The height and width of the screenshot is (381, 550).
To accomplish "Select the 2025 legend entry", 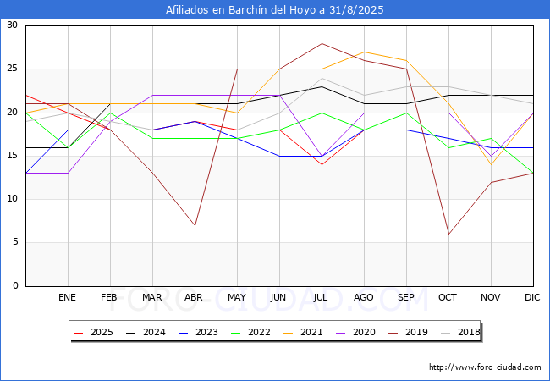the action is coord(93,332).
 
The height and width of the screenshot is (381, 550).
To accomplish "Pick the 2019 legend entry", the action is coord(408,332).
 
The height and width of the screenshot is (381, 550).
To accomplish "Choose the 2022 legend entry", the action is coord(250,332).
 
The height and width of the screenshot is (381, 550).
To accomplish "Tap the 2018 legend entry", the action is coord(460,332).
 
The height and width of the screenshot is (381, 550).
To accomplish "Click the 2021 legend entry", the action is coord(303,332).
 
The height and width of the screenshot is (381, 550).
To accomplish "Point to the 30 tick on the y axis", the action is coord(13,25).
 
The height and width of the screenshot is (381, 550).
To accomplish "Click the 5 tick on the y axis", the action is coord(15,242).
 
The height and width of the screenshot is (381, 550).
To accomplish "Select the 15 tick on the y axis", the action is coord(13,155).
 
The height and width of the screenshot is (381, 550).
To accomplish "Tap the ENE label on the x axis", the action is coord(67,297).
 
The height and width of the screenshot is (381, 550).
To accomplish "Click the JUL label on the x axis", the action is coord(321,297).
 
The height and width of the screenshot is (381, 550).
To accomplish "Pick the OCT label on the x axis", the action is coord(448,297).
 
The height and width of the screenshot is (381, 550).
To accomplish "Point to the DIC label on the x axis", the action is coord(532,297).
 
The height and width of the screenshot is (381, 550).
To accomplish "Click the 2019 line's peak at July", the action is coord(322,43).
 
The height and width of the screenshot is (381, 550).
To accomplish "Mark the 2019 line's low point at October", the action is coord(448,234).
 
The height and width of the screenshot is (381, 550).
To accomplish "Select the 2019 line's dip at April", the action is coord(195,225).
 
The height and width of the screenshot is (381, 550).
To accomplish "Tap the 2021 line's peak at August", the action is coord(365,52).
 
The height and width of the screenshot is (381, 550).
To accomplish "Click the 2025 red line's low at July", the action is coord(322,164).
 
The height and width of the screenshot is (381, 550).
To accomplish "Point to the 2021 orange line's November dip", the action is coord(491,164).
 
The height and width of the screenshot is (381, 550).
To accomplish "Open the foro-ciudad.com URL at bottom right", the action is coord(485,367).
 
